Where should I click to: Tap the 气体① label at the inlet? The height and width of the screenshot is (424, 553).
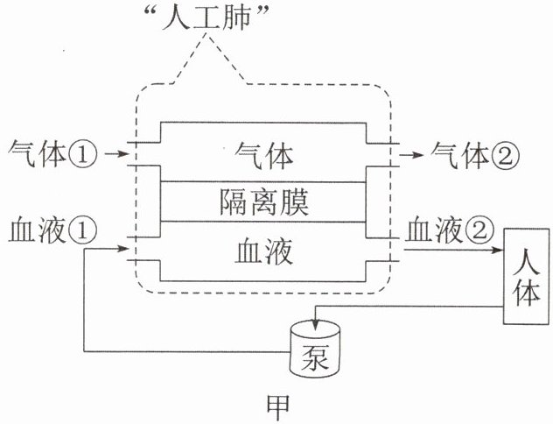pos(52,154)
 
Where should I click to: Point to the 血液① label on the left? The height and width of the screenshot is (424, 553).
pos(52,230)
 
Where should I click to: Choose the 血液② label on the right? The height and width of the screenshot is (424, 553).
pos(449,230)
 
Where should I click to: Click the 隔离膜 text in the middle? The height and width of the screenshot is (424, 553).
pos(264,202)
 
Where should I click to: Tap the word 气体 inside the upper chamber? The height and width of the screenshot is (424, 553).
pos(264,155)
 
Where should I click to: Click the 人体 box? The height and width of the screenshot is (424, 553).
pos(526,277)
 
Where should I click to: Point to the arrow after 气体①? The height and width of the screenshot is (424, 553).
pos(115,154)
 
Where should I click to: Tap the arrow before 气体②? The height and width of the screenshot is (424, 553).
pos(411,155)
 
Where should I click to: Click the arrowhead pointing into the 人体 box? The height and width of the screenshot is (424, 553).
pos(498,250)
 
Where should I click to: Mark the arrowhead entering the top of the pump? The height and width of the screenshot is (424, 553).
pos(315,325)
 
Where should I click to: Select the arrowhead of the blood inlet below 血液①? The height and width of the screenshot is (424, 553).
pos(122,249)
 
